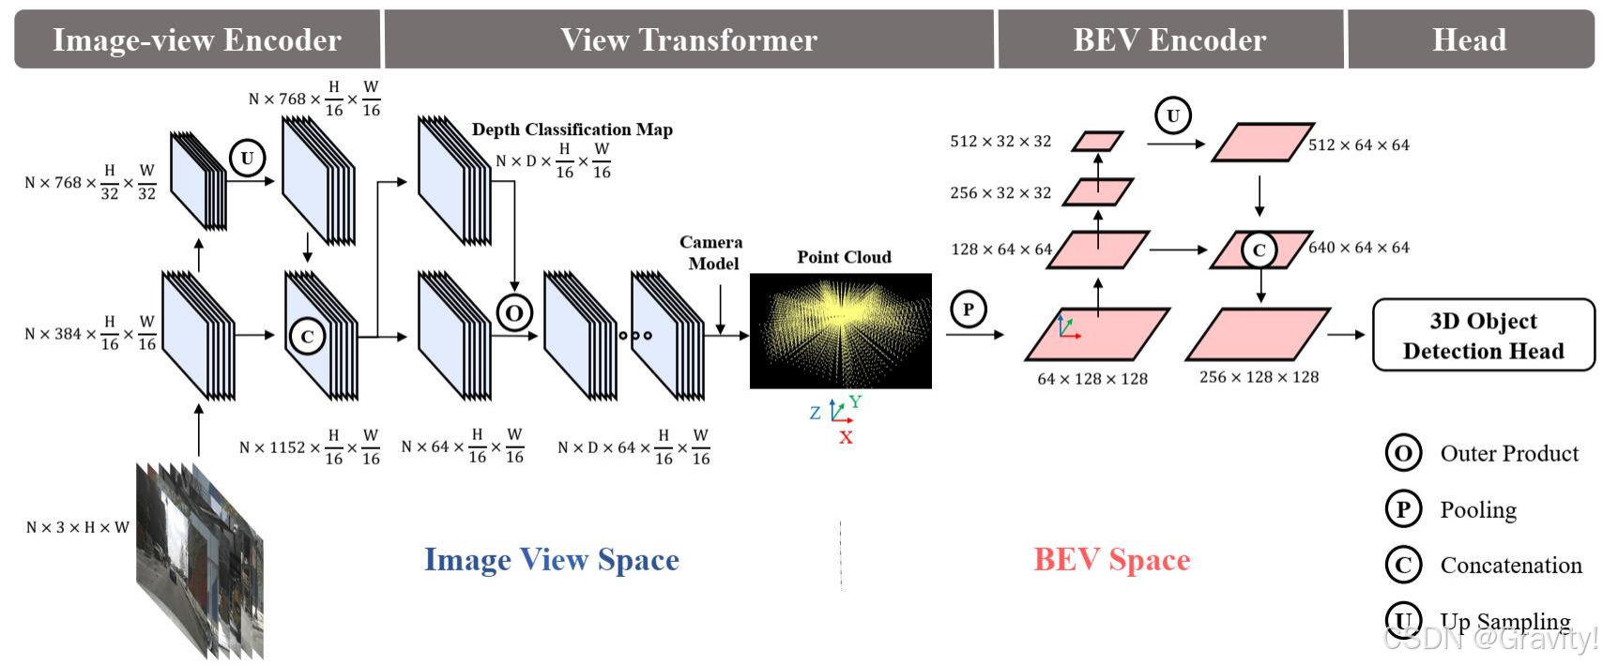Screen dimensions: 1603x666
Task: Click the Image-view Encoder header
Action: click(x=197, y=39)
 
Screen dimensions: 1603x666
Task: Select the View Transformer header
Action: click(x=689, y=39)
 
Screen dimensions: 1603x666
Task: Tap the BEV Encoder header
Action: click(x=1169, y=39)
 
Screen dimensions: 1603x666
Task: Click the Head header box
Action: click(x=1469, y=39)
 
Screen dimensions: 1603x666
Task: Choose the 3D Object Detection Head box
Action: click(x=1483, y=335)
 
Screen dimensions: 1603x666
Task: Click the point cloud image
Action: click(x=841, y=330)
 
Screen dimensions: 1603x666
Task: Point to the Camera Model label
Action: click(x=711, y=253)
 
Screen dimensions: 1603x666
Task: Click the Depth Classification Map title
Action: click(x=572, y=129)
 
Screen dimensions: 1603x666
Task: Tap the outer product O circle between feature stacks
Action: click(x=514, y=312)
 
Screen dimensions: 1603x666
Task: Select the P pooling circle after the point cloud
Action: click(x=969, y=310)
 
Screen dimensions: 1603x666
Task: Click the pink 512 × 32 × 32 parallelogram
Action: click(x=1097, y=142)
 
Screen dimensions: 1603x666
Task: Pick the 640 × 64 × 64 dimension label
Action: click(x=1359, y=248)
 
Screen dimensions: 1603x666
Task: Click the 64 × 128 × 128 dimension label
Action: click(x=1092, y=379)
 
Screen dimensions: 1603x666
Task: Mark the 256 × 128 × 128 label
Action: click(x=1259, y=377)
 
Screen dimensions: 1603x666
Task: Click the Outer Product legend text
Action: click(x=1509, y=454)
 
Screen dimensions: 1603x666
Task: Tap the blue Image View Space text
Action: click(x=552, y=559)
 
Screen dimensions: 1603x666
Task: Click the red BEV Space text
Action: click(x=1112, y=559)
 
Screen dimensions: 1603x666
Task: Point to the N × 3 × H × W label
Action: click(x=78, y=527)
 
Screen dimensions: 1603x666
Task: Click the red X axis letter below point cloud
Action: click(x=846, y=437)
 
